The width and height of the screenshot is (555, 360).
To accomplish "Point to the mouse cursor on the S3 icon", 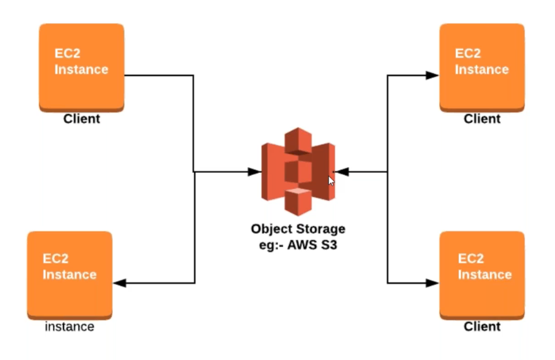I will pos(331,181).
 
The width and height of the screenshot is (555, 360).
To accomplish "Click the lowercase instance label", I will pos(69,326).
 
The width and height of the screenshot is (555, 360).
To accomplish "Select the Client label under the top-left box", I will pos(82,119).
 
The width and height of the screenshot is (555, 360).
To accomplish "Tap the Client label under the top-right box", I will pos(482,119).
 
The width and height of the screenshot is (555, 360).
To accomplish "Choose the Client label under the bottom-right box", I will pos(482,326).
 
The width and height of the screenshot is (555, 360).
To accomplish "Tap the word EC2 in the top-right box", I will pos(468,54).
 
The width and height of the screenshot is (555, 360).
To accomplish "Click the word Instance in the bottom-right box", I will pos(485,274).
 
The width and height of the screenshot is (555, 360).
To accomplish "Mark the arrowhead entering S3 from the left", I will pos(254,172).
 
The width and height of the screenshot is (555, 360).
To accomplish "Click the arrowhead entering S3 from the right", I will pos(341,172).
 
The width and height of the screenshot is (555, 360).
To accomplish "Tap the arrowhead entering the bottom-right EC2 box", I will pos(432,283).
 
